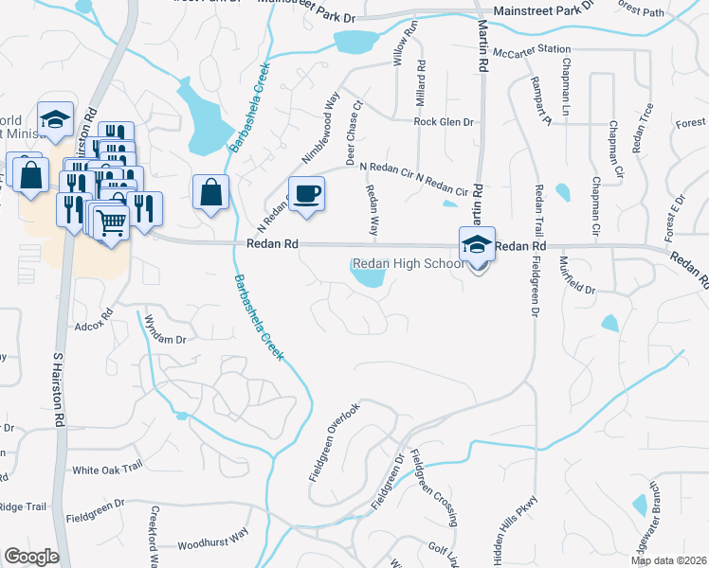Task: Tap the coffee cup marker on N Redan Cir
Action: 305,195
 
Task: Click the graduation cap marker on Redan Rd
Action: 477,244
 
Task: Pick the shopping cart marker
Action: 112,223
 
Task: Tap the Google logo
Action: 30,557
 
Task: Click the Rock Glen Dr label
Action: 444,122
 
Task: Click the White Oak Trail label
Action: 107,470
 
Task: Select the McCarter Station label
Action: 537,48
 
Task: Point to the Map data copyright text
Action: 668,560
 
